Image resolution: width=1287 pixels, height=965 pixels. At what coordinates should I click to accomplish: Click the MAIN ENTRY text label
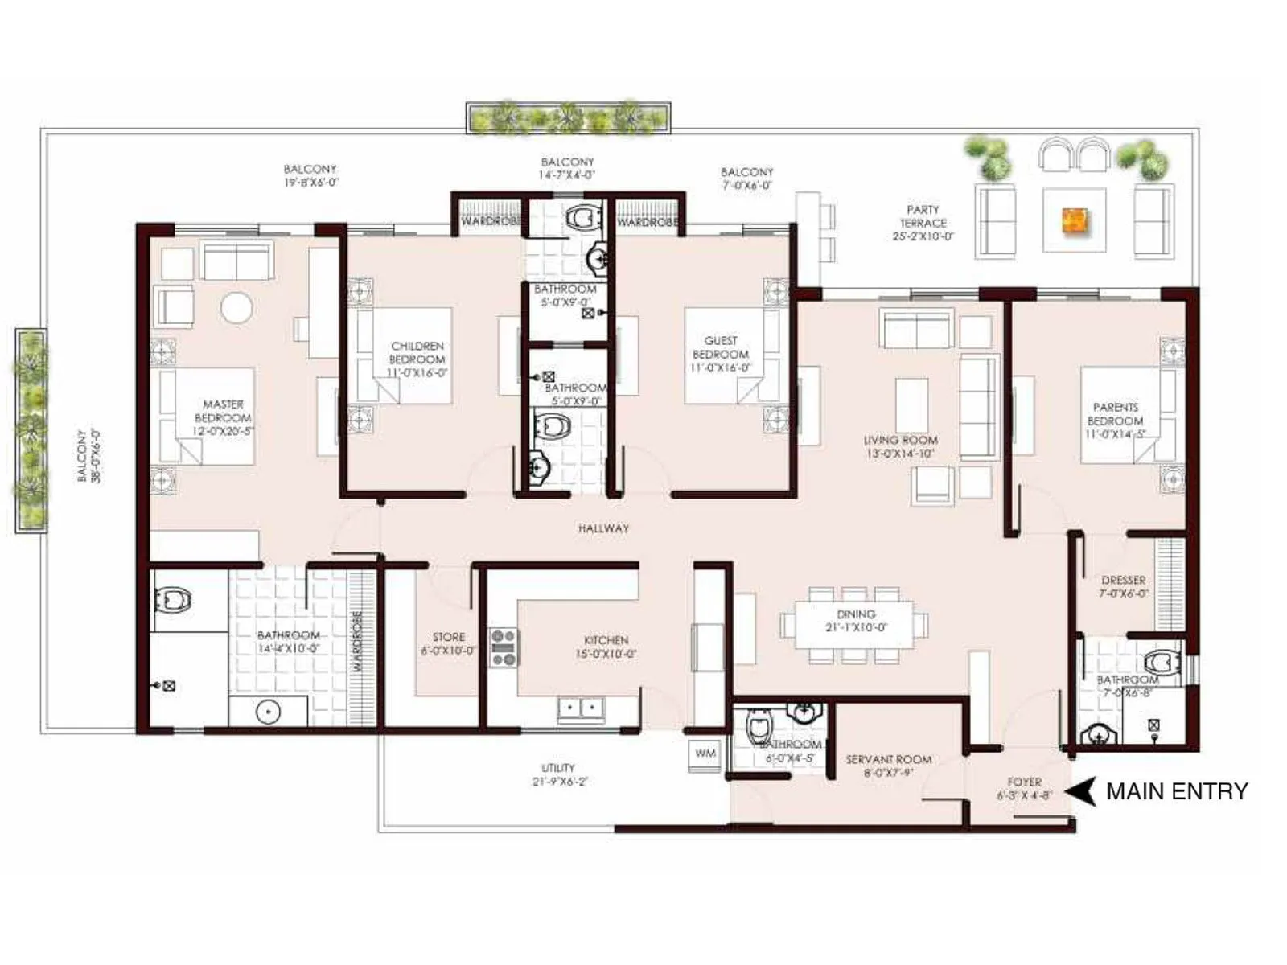pos(1176,791)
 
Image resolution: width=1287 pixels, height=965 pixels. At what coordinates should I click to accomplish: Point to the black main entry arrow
pos(1081,791)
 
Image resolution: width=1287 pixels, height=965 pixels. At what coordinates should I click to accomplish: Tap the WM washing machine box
pos(705,754)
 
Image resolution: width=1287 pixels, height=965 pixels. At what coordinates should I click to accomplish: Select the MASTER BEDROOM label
pos(223,417)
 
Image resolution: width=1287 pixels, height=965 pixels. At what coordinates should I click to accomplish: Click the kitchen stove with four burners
pos(504,648)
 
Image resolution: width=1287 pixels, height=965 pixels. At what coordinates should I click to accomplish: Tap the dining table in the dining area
pos(854,624)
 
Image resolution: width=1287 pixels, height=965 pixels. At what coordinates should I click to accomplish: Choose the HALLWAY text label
pos(603,528)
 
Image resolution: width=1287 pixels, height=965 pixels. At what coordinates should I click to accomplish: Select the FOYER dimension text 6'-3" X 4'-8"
pos(1024,795)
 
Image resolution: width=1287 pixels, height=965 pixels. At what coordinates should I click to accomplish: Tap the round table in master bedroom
pos(236,307)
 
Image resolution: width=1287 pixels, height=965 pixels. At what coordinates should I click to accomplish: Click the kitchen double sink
pos(581,708)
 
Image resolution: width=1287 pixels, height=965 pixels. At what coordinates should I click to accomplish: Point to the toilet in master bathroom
pos(174,600)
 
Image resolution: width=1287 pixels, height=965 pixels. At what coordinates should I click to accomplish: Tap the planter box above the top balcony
pos(568,117)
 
